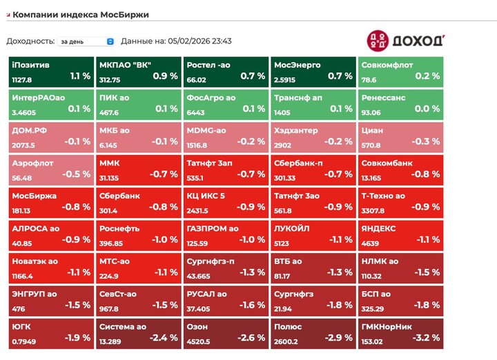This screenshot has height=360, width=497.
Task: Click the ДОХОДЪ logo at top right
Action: coord(405,40)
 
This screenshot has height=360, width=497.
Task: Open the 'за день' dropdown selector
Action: coord(86,41)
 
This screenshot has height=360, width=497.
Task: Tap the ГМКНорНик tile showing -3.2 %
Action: coord(401,333)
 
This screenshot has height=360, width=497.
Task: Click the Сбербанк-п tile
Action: coord(313,170)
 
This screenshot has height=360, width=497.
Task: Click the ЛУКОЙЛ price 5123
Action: coord(284,243)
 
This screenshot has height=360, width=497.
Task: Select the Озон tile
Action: coord(226,333)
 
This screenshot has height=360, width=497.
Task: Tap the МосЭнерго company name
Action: coord(298,65)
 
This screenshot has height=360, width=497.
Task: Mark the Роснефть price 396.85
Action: coord(111,243)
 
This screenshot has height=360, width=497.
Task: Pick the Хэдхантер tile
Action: coord(313,137)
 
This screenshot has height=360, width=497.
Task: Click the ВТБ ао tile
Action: coord(313,268)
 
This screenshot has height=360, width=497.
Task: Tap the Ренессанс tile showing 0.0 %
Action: coord(401,104)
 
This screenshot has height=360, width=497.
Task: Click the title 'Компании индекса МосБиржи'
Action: coord(81,14)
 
